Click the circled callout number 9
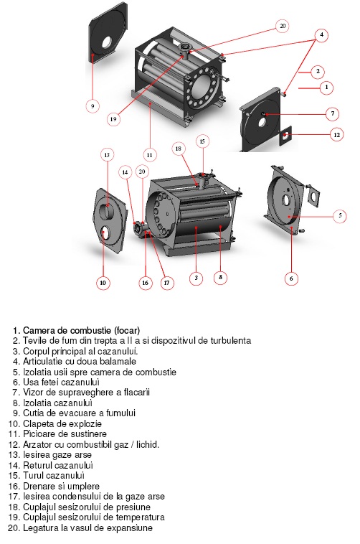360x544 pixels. (x=93, y=105)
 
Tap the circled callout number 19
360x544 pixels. (x=113, y=119)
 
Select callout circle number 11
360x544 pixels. (x=149, y=155)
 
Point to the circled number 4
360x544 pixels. (x=321, y=34)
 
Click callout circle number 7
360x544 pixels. (x=333, y=113)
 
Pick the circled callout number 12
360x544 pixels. (x=336, y=135)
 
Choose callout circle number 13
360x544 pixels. (x=107, y=155)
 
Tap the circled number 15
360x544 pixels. (x=202, y=141)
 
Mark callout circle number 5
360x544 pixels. (x=340, y=215)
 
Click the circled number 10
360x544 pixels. (x=103, y=283)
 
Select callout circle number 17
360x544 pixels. (x=166, y=283)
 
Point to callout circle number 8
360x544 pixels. (x=221, y=277)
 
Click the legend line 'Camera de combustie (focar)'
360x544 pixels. (x=82, y=330)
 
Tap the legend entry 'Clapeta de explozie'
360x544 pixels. (x=62, y=423)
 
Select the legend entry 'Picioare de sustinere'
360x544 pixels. (x=65, y=433)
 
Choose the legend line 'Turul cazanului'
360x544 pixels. (x=54, y=475)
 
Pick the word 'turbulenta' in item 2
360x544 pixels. (x=231, y=340)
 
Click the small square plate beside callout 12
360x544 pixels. (x=285, y=136)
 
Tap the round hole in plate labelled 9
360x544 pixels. (x=106, y=42)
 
